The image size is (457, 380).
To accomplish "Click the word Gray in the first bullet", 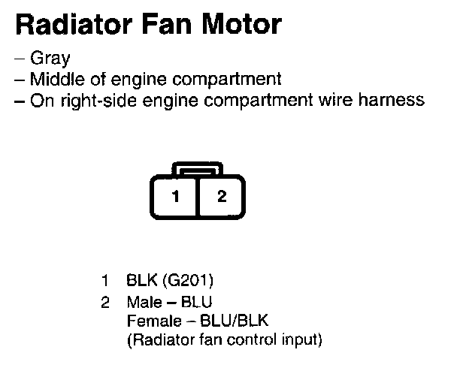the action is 50,58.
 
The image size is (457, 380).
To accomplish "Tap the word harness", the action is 395,100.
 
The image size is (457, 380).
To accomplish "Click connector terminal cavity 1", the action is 175,198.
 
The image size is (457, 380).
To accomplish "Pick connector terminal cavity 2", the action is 221,198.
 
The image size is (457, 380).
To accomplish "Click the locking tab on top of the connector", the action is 198,168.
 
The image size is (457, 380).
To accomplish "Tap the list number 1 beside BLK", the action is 105,282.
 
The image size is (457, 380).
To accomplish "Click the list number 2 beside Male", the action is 105,303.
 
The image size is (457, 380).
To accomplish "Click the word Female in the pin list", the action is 150,321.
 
